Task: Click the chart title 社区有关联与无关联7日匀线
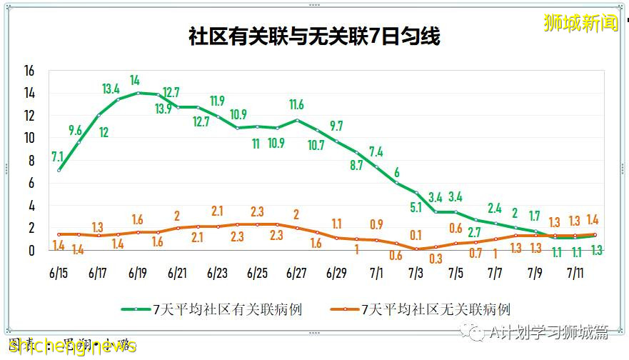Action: (x=314, y=37)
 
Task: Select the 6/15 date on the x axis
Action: (x=59, y=273)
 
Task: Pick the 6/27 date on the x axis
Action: (x=296, y=273)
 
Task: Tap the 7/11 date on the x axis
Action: (x=576, y=273)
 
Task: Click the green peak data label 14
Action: (x=136, y=80)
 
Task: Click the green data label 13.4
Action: (x=111, y=89)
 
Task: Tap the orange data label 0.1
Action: (x=416, y=235)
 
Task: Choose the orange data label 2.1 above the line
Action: (x=217, y=211)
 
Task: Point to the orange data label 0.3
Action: (x=436, y=259)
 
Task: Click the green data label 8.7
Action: (x=356, y=165)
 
